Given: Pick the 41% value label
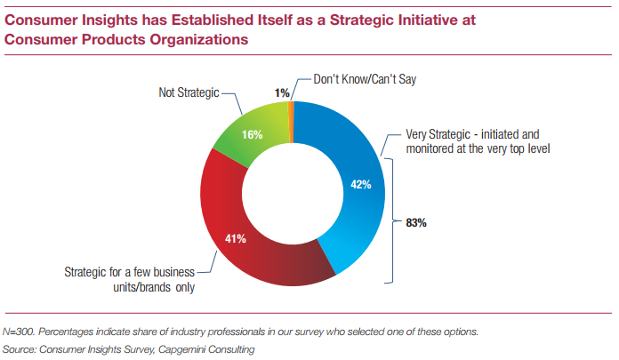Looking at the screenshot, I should [236, 239].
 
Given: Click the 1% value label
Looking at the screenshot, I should [282, 92].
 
